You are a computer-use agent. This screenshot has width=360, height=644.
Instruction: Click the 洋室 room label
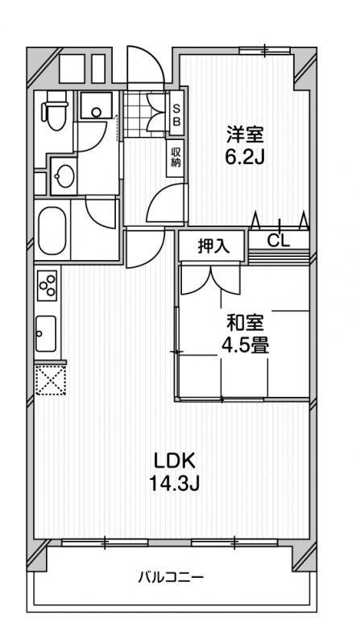pos(245,134)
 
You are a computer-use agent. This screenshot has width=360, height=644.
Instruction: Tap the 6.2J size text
pos(244,155)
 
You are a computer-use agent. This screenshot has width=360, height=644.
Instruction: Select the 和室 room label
pos(246,324)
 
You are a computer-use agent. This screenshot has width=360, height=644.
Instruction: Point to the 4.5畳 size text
pos(246,346)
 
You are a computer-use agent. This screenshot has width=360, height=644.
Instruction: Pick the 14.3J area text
pos(174,485)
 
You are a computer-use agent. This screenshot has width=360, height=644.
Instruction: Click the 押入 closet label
pos(211,246)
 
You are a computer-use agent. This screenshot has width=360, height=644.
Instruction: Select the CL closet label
pos(279,241)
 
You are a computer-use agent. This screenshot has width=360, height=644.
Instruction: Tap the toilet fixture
pos(55,110)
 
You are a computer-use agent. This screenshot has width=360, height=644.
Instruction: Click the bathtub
pos(52,230)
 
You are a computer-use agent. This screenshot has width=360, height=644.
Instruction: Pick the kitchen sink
pos(46,333)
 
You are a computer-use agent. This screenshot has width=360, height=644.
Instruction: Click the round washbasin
pos(64,176)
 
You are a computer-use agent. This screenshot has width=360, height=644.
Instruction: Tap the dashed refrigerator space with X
pos(51,380)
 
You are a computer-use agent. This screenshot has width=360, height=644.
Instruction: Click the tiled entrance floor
pos(146,114)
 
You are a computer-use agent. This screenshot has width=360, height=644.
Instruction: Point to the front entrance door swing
pos(146,66)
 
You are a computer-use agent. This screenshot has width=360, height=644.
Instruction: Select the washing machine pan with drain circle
pos(96,106)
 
